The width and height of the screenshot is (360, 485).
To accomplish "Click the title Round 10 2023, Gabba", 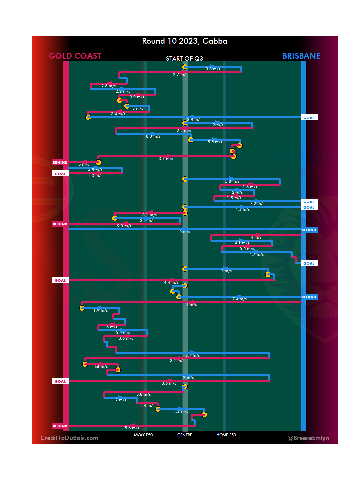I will click(184, 41).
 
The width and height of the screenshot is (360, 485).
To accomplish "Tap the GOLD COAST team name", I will click(75, 56).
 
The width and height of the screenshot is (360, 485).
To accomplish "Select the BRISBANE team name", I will click(301, 56).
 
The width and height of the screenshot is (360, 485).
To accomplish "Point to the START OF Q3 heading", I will click(184, 59).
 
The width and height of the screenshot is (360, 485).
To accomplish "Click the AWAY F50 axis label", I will click(143, 435).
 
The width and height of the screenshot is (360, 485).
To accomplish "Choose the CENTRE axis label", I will click(185, 435).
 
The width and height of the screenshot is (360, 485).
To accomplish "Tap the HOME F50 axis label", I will click(226, 435).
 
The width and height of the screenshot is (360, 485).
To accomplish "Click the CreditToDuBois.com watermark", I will click(69, 438).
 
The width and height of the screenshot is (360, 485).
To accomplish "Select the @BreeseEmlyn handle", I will click(308, 438).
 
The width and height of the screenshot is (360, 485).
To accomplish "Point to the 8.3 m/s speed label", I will click(153, 136).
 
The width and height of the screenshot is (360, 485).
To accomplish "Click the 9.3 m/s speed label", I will click(124, 226).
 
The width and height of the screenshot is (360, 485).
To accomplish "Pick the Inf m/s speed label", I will click(101, 366).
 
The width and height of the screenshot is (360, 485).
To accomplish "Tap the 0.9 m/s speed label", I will click(137, 97).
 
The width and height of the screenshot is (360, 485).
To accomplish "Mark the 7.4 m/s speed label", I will click(239, 299).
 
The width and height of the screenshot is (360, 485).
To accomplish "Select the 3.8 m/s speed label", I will click(213, 69).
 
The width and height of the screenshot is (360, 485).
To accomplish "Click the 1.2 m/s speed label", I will click(181, 411).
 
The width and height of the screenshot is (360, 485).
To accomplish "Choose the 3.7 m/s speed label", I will click(166, 159).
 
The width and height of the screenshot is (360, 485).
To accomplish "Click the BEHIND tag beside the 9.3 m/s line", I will click(60, 224).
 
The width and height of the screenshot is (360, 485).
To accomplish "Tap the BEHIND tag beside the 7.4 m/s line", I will click(309, 297).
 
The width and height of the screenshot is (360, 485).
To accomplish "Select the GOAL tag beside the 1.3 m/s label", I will click(60, 174).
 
